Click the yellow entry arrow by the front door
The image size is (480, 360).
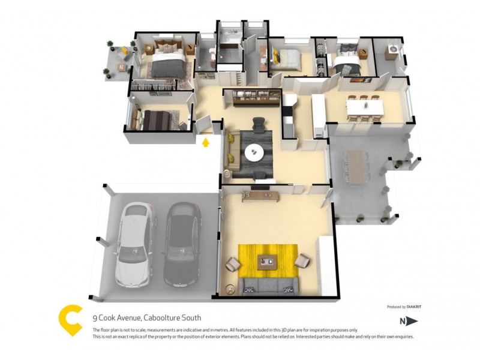pos(206,143)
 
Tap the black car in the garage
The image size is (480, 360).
pos(182,244)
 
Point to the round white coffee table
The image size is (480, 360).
pos(254,152)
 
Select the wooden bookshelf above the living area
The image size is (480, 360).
pos(252,98)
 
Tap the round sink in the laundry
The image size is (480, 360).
pos(393,49)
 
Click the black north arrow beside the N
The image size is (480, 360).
pos(412,321)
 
